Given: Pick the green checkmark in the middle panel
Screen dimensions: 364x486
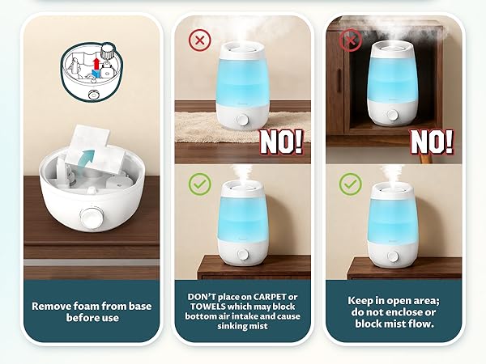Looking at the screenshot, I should [198, 185].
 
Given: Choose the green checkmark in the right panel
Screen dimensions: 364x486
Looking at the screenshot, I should [350, 185].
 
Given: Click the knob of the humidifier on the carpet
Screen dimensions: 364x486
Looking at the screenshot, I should [243, 121].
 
